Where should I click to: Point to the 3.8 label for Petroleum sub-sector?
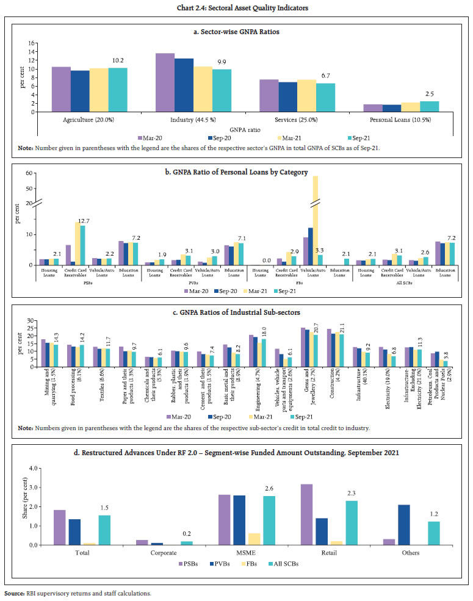446,355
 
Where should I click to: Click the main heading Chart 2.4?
237,7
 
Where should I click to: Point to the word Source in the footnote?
14,592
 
